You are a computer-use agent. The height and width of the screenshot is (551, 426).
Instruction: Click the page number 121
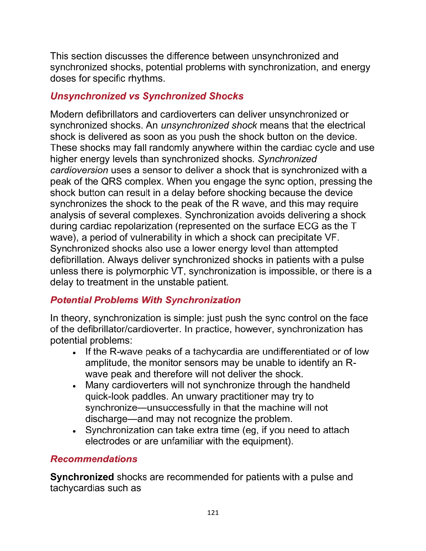tap(213, 513)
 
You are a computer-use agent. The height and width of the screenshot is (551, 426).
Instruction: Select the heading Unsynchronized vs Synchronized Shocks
tap(147, 96)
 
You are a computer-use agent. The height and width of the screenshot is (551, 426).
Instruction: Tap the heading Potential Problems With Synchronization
tap(145, 300)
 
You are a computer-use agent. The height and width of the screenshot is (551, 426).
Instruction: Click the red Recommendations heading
tap(94, 459)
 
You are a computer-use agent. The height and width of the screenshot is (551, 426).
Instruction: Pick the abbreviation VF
tap(331, 237)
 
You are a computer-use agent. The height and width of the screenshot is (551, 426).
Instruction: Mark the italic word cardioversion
tap(79, 170)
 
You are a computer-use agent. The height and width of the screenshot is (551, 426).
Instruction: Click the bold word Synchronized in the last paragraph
tap(82, 477)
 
